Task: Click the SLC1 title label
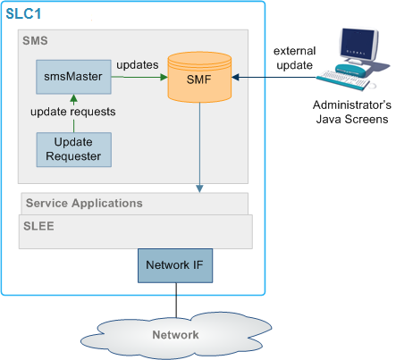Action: pyautogui.click(x=24, y=16)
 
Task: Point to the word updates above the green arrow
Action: pyautogui.click(x=137, y=65)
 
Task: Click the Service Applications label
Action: pyautogui.click(x=84, y=203)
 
